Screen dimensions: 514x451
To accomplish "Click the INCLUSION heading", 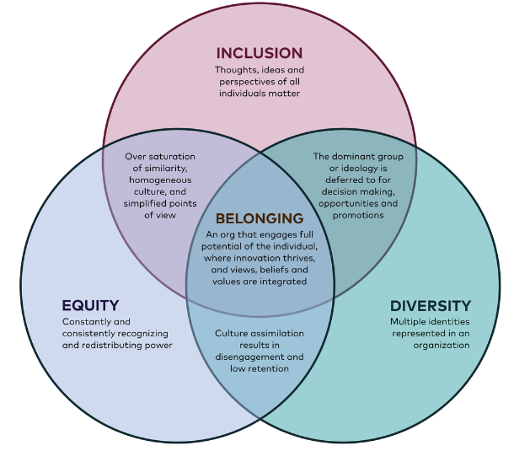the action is tap(260, 53).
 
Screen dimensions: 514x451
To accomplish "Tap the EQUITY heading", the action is tap(90, 305).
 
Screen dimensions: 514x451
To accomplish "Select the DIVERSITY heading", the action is tap(431, 306).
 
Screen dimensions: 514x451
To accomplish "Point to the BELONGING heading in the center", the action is tap(260, 218).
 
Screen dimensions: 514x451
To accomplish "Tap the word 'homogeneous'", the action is tap(160, 180).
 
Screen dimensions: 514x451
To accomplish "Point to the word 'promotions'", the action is tap(358, 216).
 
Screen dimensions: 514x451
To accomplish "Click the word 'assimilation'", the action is tap(276, 334).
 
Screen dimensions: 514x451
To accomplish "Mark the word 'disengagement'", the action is tap(249, 357).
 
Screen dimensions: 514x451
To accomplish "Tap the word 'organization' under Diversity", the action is tap(442, 346).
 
